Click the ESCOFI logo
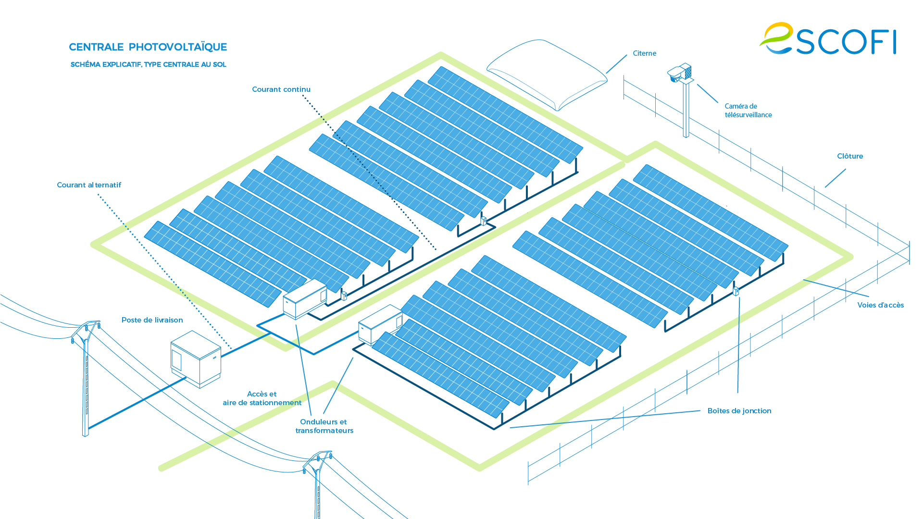(x=828, y=39)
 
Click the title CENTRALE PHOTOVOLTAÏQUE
(x=148, y=47)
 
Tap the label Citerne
(x=644, y=53)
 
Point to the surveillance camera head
(x=680, y=73)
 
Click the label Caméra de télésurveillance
(x=748, y=111)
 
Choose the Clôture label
(x=849, y=156)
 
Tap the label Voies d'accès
(x=880, y=305)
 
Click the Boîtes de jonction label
(x=739, y=411)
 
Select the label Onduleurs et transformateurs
(x=324, y=426)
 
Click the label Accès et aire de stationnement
(x=262, y=398)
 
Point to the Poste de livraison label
(x=152, y=320)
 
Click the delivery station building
(x=196, y=358)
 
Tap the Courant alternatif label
(x=89, y=185)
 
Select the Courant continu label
(x=281, y=89)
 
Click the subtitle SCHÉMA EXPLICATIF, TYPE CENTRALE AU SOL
(x=148, y=64)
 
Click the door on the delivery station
(x=176, y=360)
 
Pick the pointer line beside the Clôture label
(x=836, y=178)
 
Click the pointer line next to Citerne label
(x=616, y=64)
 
